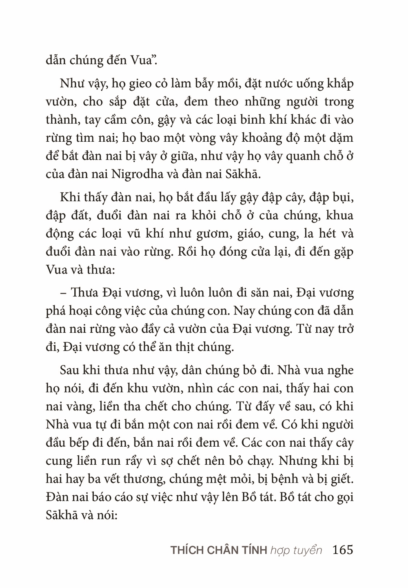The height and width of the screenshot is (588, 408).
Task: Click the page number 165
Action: pos(343,550)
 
